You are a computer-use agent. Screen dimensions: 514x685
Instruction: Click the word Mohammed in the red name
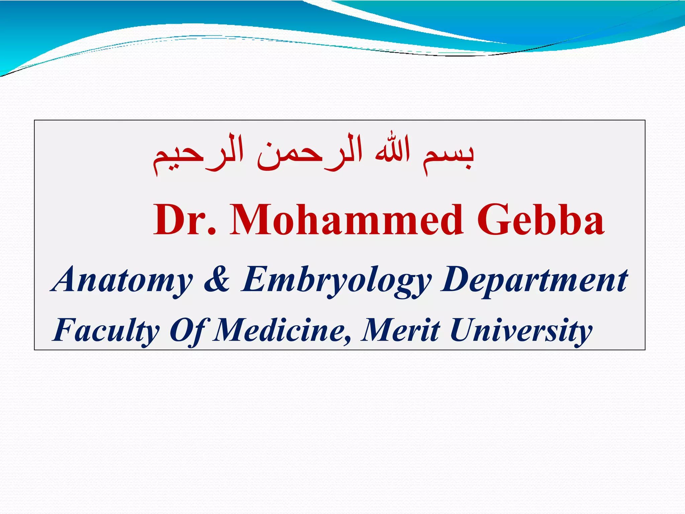click(x=347, y=220)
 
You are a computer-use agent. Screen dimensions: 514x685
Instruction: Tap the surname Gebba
click(x=541, y=220)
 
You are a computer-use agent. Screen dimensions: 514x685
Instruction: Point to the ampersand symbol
click(x=217, y=279)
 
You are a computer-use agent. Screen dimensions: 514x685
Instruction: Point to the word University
click(x=520, y=331)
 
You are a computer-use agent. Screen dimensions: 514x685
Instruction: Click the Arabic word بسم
click(x=448, y=156)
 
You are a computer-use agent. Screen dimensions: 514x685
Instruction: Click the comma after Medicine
click(x=348, y=339)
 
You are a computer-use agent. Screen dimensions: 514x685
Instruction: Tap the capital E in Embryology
click(x=256, y=279)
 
